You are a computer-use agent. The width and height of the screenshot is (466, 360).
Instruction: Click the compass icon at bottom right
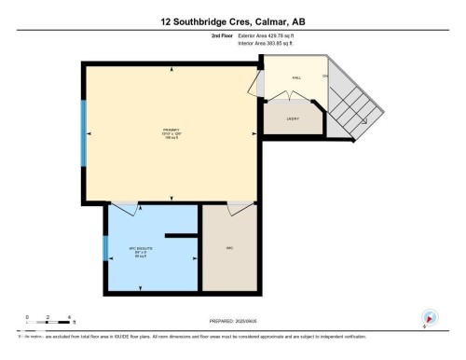[430, 316]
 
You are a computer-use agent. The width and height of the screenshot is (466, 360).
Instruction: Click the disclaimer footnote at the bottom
[186, 336]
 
